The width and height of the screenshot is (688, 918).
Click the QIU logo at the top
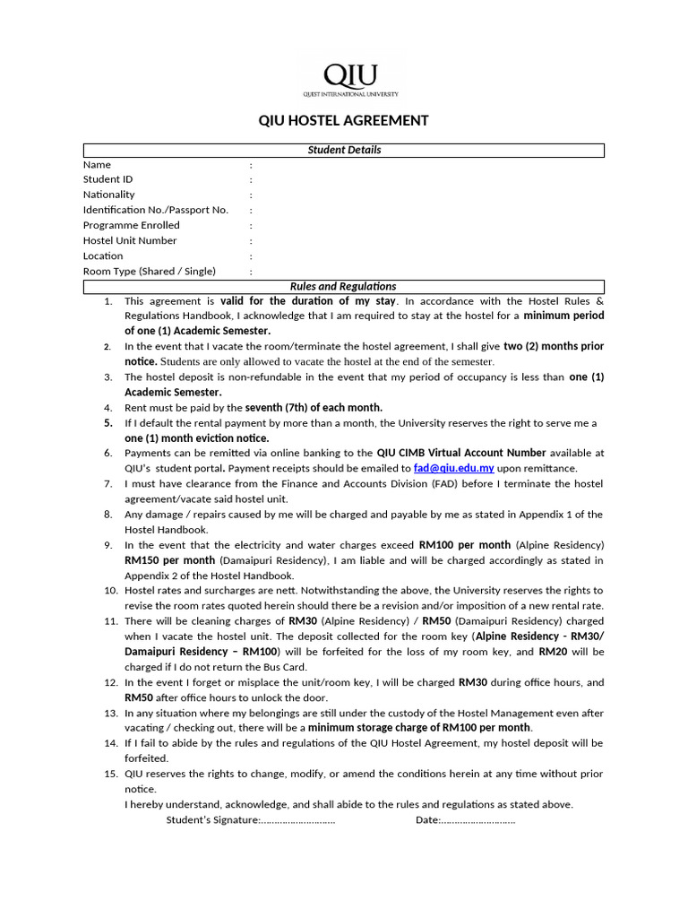(349, 78)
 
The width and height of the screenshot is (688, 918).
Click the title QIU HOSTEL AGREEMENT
(343, 120)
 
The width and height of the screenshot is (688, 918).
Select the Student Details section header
(344, 150)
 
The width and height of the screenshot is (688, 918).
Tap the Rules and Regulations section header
(343, 286)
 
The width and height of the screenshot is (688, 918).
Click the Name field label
(97, 164)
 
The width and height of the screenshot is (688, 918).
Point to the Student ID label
(107, 179)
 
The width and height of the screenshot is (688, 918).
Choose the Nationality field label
(108, 195)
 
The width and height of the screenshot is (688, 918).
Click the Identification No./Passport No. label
(155, 210)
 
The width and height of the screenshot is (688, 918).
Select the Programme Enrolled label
(131, 225)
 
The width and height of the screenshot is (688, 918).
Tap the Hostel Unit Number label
(130, 240)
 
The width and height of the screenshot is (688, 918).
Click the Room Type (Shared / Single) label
(149, 271)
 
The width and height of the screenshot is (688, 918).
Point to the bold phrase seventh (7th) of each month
(314, 407)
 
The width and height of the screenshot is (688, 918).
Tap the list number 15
(110, 774)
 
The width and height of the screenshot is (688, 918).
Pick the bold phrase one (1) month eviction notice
(196, 437)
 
